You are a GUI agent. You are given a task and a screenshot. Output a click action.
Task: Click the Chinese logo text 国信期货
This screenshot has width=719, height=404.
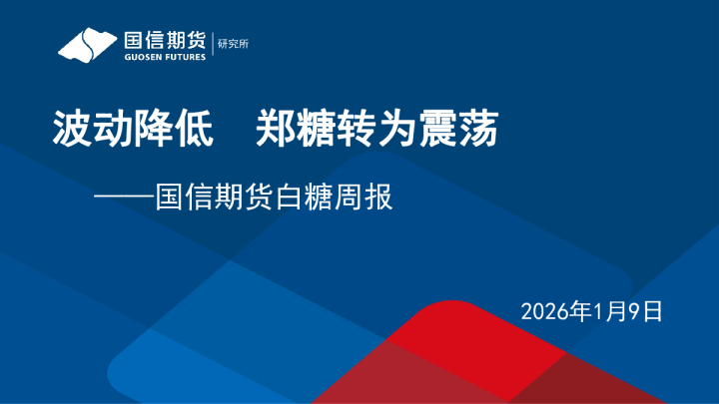[x=165, y=41]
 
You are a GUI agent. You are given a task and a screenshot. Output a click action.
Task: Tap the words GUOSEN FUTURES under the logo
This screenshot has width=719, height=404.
[x=165, y=58]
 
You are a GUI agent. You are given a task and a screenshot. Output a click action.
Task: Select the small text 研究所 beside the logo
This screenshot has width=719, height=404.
[x=232, y=44]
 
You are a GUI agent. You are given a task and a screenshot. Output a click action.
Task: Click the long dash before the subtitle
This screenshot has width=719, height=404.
[x=125, y=198]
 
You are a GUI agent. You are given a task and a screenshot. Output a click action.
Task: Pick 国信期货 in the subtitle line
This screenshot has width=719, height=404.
[x=216, y=197]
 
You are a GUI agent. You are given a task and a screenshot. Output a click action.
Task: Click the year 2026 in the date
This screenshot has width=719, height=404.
[x=544, y=311]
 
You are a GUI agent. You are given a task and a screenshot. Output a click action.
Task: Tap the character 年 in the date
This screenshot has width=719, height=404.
[x=580, y=311]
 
